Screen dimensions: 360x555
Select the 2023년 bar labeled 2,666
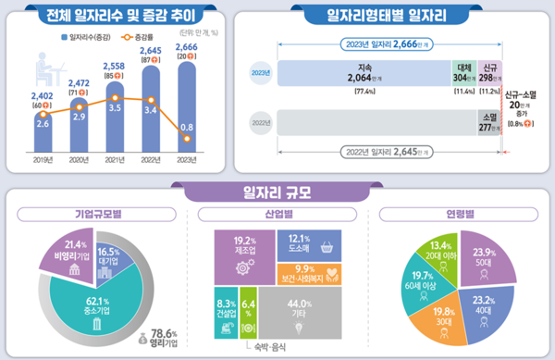coord(187,102)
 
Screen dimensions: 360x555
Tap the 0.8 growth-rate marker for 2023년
coord(188,139)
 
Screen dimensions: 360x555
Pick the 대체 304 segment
coord(463,74)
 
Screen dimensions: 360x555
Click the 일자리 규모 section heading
coord(277,192)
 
